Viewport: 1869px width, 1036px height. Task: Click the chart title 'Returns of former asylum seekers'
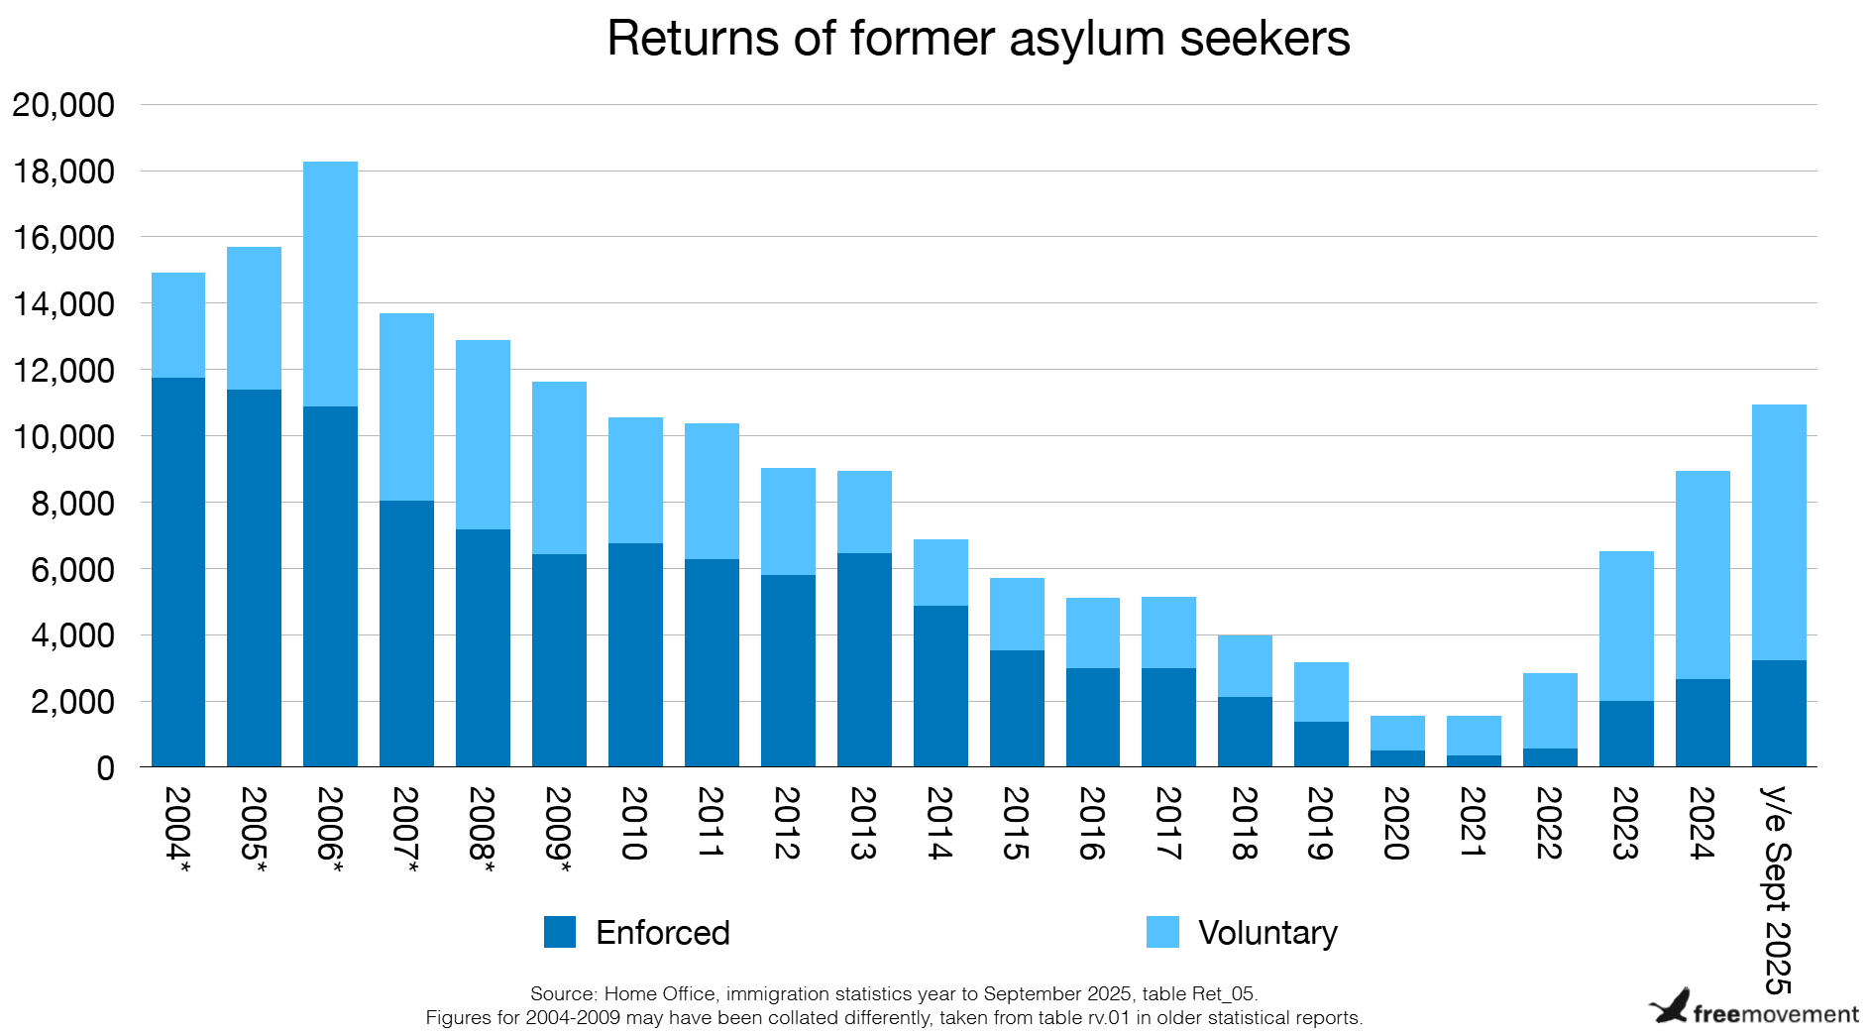[x=978, y=40]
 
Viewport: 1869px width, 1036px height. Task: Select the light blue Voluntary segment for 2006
[x=330, y=284]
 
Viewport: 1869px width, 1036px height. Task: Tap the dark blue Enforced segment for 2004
[x=178, y=572]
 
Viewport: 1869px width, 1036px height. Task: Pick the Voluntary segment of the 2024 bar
[x=1703, y=575]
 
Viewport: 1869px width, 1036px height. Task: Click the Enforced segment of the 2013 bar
[x=864, y=659]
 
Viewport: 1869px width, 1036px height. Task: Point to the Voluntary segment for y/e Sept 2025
[x=1779, y=532]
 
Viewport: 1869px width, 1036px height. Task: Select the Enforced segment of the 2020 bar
[x=1397, y=758]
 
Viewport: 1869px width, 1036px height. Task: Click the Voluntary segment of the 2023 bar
[x=1626, y=626]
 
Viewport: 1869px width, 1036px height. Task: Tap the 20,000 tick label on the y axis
[x=63, y=105]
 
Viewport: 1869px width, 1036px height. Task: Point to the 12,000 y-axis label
[x=63, y=371]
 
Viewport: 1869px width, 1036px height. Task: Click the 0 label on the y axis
[x=105, y=768]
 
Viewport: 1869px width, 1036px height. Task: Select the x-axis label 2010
[x=634, y=823]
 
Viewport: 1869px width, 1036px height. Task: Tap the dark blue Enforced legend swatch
[x=560, y=932]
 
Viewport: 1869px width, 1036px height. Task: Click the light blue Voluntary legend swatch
[x=1162, y=932]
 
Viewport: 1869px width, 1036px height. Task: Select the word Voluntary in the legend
[x=1267, y=933]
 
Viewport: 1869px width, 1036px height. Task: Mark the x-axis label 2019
[x=1320, y=823]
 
